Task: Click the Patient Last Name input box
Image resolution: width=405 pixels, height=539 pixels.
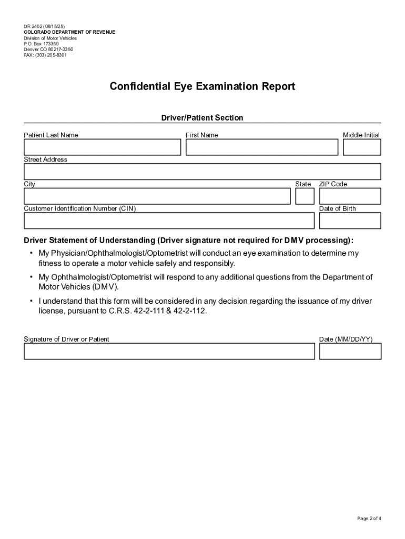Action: (x=103, y=147)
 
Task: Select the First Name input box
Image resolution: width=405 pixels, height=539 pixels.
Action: (x=262, y=147)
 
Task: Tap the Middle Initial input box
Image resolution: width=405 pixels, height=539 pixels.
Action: (x=361, y=147)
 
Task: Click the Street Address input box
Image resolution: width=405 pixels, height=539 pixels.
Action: (x=202, y=172)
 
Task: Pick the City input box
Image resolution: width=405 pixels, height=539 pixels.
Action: (x=157, y=196)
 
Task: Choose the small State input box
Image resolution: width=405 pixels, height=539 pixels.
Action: (x=305, y=196)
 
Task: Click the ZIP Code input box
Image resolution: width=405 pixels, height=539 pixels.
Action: (x=350, y=196)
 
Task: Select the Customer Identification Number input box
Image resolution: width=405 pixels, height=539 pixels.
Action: (x=169, y=221)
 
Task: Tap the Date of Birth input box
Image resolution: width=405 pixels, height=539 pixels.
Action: (x=350, y=221)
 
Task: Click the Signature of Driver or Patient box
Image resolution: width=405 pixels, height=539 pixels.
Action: (x=169, y=352)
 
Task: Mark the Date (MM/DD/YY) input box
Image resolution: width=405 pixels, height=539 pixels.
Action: (x=350, y=352)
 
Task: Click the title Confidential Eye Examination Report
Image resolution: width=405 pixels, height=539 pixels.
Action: (x=202, y=86)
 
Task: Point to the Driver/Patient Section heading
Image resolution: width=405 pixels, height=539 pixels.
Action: (x=202, y=118)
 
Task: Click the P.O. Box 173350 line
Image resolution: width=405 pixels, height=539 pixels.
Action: (x=45, y=44)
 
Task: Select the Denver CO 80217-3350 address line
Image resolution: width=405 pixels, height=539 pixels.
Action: (x=48, y=49)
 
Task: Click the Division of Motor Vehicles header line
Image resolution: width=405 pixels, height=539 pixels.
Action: (x=50, y=38)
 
